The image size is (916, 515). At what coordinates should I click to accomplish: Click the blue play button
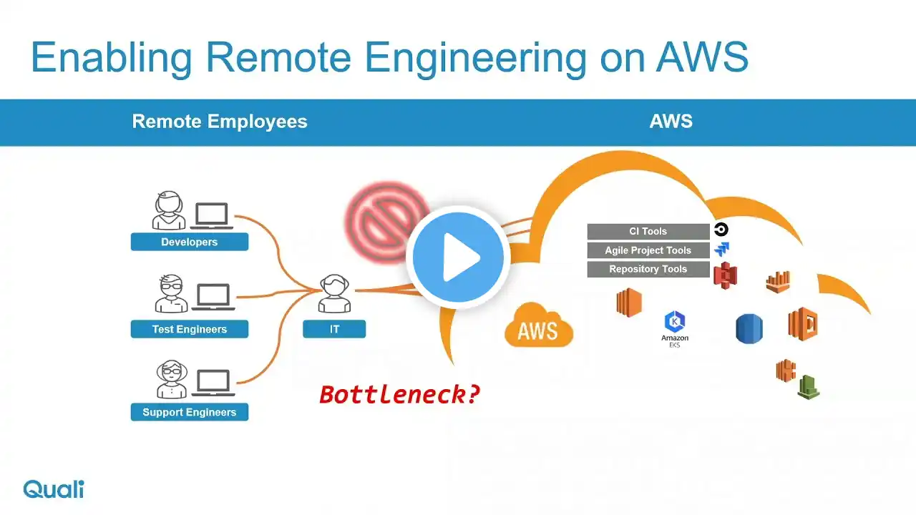point(458,257)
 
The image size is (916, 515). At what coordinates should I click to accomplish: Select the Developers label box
point(189,242)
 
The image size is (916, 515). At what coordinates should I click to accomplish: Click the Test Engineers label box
point(189,329)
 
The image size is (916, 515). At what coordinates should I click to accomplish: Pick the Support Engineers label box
point(189,412)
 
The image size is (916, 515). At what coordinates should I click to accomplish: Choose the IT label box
point(334,329)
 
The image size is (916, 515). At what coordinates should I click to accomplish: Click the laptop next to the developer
point(212,215)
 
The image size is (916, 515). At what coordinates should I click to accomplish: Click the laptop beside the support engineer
point(213,383)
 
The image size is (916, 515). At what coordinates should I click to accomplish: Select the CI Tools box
point(648,231)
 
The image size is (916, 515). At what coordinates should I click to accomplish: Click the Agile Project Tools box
point(648,250)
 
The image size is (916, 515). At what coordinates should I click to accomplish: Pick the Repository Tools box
point(648,269)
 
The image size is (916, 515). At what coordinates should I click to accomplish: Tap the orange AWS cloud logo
point(538,329)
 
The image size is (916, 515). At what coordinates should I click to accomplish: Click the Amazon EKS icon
point(675,328)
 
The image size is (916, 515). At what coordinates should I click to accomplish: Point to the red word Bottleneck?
point(399,394)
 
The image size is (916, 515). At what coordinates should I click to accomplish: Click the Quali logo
point(54,489)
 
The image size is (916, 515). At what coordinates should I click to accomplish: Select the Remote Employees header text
point(220,122)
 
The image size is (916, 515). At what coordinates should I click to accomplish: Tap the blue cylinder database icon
point(749,329)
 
